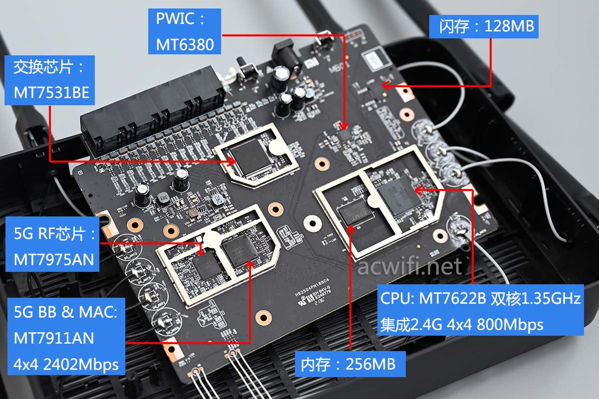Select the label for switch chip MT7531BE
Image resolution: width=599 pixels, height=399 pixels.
(x=48, y=80)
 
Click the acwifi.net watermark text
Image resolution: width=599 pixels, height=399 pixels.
(x=409, y=267)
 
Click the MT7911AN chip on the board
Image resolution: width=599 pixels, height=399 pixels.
(x=240, y=254)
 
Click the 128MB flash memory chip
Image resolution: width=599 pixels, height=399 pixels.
(x=373, y=89)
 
